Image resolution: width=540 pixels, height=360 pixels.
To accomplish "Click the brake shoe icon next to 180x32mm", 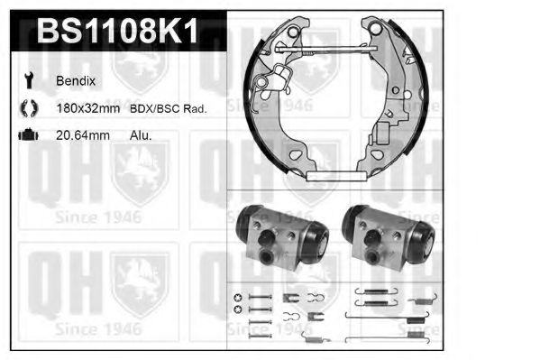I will pos(27,108).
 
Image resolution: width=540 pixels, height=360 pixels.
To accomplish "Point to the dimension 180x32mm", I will pos(88,108).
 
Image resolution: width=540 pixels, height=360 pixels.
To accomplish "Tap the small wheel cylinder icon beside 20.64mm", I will pos(27,135).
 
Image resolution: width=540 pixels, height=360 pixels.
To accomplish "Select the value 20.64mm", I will pos(82,135).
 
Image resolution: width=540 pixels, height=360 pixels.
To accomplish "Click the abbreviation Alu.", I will pos(141,135).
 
